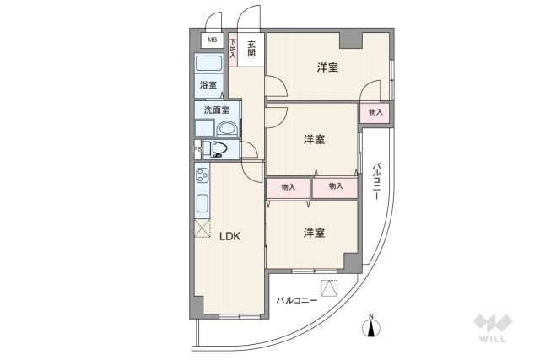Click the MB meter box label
[x=211, y=40]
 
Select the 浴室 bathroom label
[x=208, y=85]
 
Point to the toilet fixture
[x=219, y=150]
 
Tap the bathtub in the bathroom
[x=209, y=65]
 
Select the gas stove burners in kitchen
[x=202, y=176]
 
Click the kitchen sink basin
[x=202, y=203]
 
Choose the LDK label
[x=230, y=237]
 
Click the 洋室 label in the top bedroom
[x=328, y=67]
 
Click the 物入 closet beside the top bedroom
[x=375, y=112]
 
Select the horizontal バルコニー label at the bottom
[x=296, y=300]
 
